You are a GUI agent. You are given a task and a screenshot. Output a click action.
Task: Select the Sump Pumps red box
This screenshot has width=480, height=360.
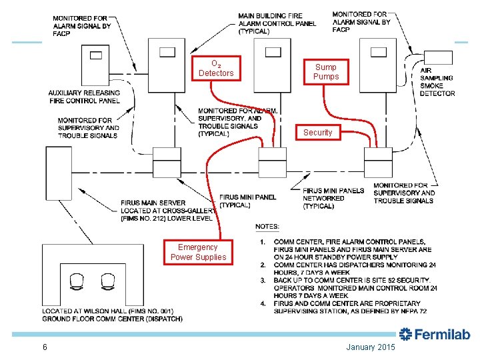point(326,71)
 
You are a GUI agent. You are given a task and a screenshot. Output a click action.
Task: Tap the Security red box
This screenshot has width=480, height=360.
point(317,133)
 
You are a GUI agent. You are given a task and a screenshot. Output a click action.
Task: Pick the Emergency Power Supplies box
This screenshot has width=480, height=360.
point(198,252)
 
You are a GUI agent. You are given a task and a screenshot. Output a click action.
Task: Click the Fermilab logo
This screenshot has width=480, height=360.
point(435,334)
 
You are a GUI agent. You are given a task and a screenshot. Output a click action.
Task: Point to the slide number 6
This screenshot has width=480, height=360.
point(44,347)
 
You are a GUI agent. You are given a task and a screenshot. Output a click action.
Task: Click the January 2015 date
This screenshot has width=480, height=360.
point(371,347)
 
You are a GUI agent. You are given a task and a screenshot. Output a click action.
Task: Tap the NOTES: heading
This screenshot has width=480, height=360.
point(267,227)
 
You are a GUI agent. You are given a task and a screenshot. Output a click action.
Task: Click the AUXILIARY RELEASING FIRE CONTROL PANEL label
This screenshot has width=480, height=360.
point(84,97)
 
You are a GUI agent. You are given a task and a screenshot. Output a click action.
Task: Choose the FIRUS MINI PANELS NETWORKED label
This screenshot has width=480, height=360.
point(333,198)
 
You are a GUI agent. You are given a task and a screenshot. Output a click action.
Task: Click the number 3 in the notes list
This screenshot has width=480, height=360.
point(263,280)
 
